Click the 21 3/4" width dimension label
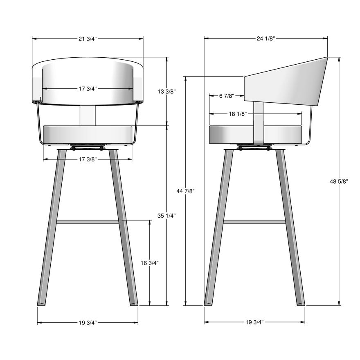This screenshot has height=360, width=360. click(88, 39)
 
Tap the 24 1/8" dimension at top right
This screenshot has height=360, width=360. click(265, 38)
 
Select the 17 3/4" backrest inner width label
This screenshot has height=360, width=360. click(88, 88)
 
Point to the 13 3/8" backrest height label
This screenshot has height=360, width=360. click(166, 92)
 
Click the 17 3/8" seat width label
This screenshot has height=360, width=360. click(88, 159)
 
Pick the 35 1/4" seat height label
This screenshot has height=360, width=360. click(166, 215)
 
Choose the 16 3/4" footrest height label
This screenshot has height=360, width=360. click(150, 263)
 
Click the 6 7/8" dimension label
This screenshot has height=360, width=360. click(227, 96)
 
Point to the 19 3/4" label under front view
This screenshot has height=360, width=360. click(88, 323)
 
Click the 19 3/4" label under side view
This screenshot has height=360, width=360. click(254, 322)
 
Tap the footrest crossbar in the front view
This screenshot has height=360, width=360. click(88, 222)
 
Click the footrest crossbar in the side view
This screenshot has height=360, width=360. click(254, 222)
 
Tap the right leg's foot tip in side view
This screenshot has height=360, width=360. click(301, 303)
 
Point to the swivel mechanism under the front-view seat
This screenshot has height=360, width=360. click(87, 146)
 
